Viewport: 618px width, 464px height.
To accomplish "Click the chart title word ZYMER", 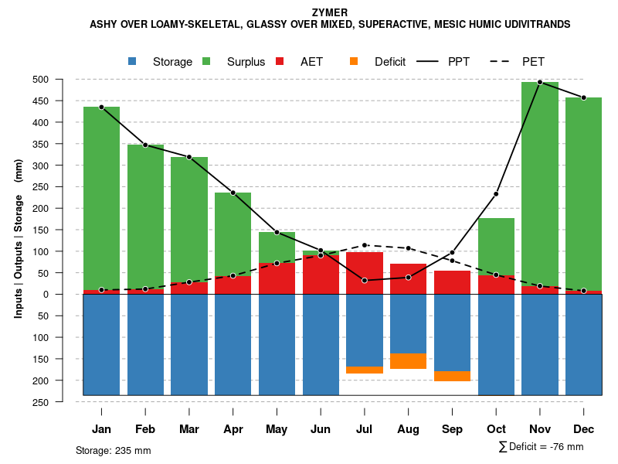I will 330,12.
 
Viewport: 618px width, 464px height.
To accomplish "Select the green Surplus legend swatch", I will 207,62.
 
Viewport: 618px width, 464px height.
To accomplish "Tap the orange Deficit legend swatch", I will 354,62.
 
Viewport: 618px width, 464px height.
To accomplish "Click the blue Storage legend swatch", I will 133,62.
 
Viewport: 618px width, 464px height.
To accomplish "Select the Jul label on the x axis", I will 365,429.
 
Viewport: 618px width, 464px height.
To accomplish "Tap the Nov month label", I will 540,429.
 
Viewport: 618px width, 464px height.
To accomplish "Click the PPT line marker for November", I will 540,82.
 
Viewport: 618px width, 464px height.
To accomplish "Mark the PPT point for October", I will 496,194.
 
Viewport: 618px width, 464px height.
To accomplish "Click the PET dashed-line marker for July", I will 365,245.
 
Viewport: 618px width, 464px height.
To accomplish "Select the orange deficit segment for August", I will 408,361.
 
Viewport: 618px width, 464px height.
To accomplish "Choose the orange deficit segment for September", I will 452,376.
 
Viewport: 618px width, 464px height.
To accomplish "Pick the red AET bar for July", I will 365,273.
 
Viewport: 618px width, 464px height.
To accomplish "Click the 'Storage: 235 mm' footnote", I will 113,450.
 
